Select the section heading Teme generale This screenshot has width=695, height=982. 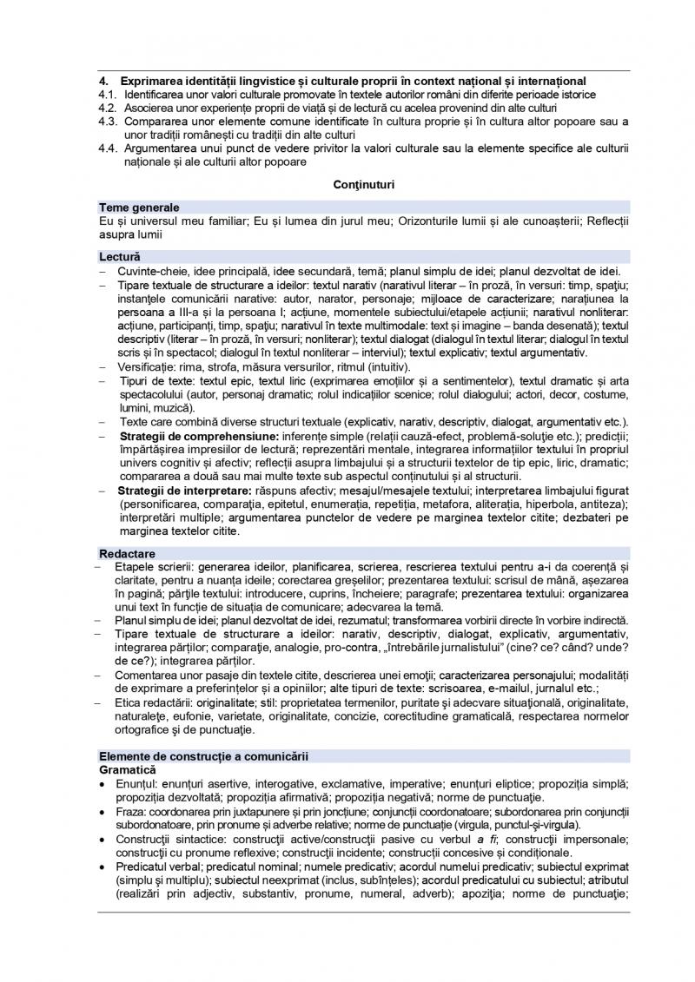tap(140, 208)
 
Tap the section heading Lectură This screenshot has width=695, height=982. tap(120, 258)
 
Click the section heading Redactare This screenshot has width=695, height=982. tap(128, 553)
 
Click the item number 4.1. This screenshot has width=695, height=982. tap(108, 94)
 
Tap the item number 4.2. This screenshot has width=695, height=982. tap(108, 107)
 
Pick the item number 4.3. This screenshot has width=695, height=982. tap(108, 121)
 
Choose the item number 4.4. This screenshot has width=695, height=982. tap(108, 148)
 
